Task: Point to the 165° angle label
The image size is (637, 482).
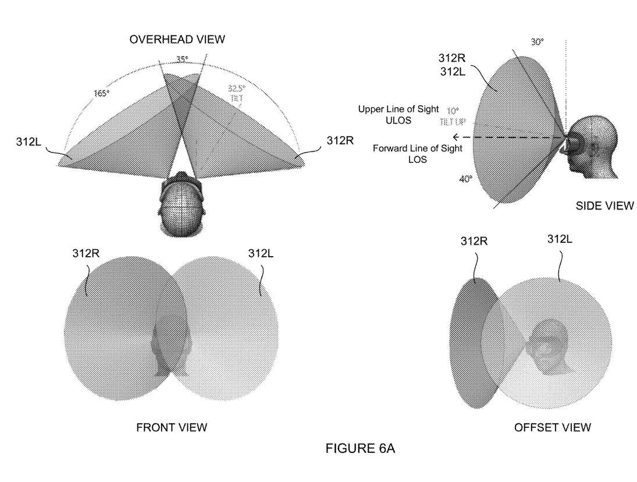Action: (101, 93)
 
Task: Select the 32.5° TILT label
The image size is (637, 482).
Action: (236, 92)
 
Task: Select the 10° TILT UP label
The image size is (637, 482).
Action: (453, 114)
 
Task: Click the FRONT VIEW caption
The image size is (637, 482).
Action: (171, 428)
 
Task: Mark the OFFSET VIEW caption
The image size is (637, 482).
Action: (553, 428)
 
